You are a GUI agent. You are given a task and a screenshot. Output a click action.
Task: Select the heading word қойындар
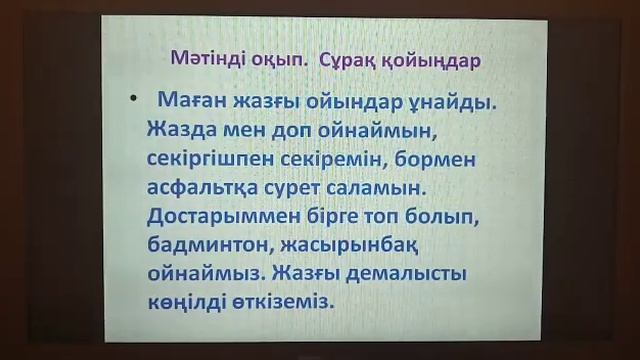[x=438, y=61]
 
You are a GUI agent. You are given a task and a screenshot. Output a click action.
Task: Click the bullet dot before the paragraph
[x=132, y=103]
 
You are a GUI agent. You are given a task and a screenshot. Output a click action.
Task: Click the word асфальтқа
[x=208, y=188]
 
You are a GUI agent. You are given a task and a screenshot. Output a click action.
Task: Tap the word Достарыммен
[x=231, y=217]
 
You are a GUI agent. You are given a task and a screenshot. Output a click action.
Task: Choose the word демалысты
[x=410, y=273]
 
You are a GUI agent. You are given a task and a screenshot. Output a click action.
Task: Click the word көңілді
[x=191, y=301]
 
